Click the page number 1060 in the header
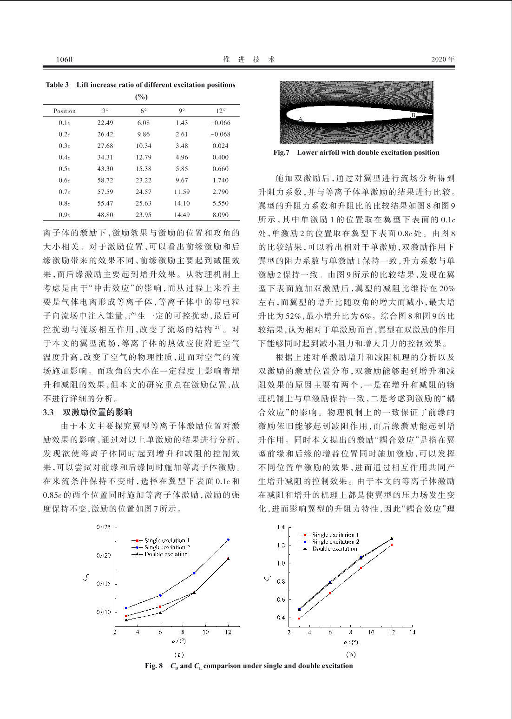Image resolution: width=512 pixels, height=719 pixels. (64, 59)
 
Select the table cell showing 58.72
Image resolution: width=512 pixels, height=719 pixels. (105, 180)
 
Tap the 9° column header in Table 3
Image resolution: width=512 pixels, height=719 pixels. (182, 111)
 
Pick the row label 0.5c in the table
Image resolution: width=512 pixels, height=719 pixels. (64, 169)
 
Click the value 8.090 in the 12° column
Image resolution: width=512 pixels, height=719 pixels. (220, 215)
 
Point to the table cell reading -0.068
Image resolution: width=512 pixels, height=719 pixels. (220, 134)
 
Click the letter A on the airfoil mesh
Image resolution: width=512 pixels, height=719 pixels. (300, 119)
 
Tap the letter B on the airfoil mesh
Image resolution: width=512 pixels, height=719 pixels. (413, 115)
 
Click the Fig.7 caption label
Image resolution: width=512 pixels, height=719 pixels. (281, 153)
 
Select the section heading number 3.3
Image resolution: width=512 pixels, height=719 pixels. (48, 412)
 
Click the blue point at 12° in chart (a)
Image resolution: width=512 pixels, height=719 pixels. (228, 539)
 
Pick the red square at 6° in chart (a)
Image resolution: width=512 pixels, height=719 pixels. (160, 606)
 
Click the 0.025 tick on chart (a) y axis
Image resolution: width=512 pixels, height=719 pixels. (104, 527)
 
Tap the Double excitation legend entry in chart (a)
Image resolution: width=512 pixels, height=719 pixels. (165, 554)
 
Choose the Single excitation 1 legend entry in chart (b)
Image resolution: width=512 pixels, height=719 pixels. (335, 535)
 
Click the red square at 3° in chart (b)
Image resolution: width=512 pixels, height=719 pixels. (299, 618)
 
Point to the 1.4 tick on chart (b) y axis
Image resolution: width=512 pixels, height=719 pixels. (281, 527)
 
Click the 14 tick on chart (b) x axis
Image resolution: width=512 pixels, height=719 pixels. (412, 632)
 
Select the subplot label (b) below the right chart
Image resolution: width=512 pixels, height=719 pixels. (351, 654)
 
